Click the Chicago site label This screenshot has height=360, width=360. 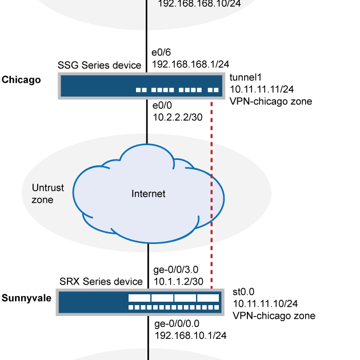pos(21,80)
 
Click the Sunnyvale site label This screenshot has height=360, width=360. pos(26,298)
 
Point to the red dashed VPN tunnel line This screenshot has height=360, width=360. pos(212,171)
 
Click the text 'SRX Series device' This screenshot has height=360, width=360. pos(101,282)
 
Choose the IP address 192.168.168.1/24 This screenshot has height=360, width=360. pos(191,65)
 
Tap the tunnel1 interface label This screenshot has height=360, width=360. pos(244,78)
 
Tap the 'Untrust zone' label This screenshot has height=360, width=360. pos(43,193)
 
